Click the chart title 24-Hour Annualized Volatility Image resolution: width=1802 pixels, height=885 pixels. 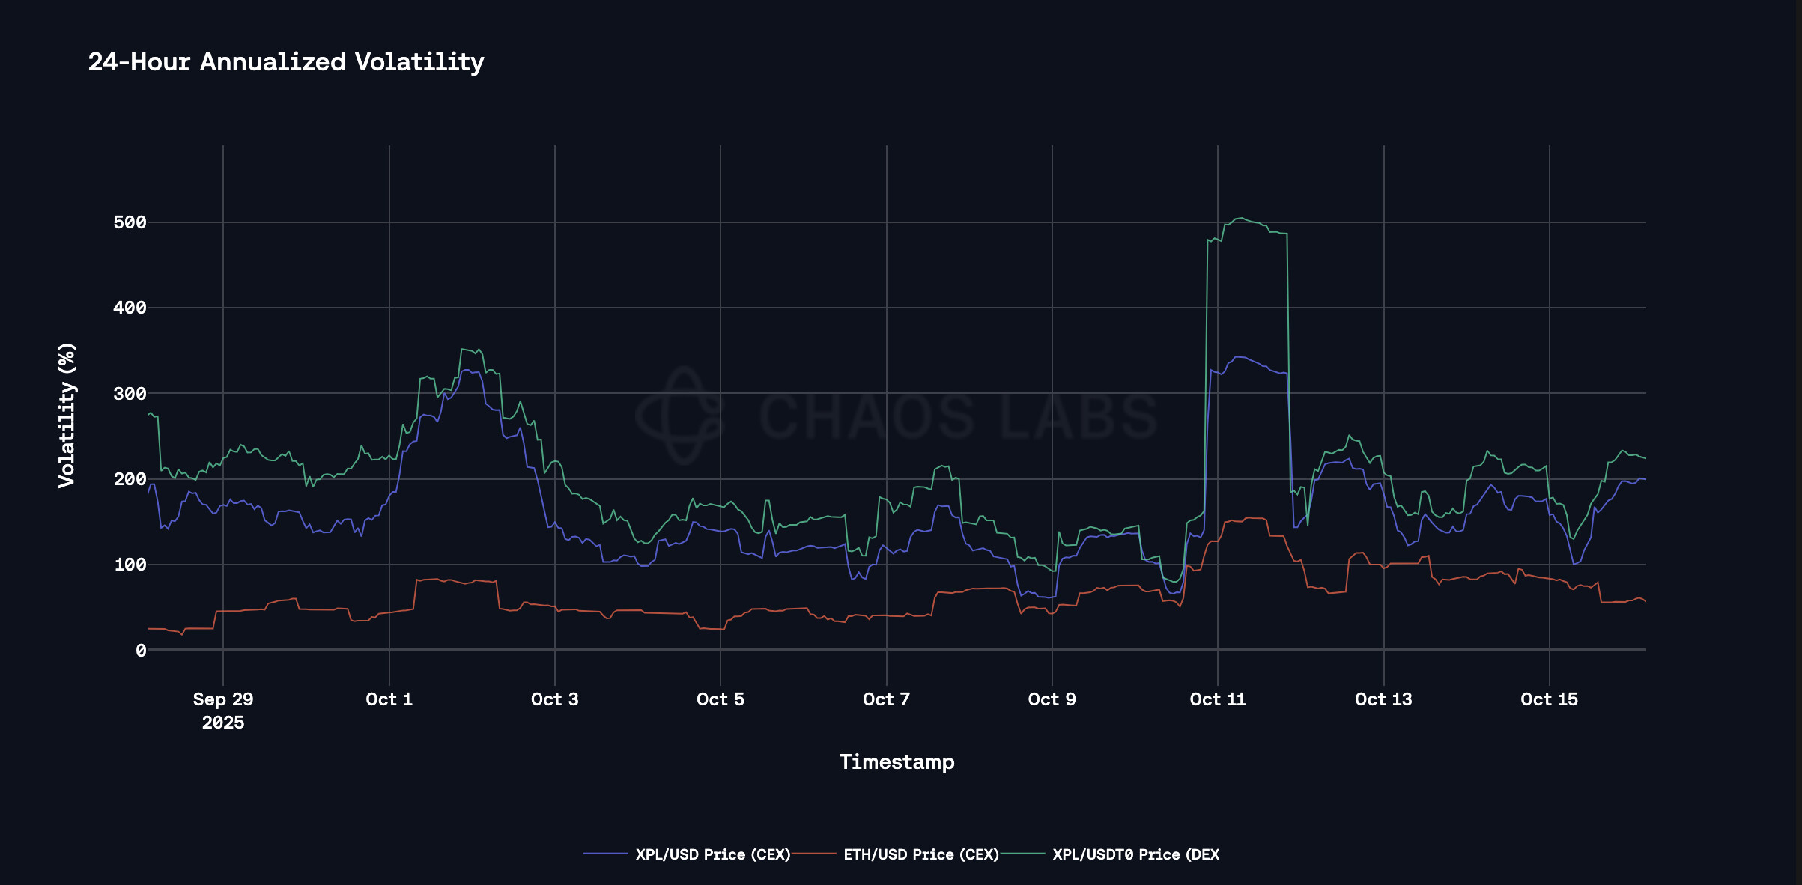286,62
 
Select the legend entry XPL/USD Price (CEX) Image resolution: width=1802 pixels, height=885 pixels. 712,854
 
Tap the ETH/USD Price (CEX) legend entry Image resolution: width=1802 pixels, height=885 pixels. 920,854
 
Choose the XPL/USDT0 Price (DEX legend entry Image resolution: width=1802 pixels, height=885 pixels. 1135,854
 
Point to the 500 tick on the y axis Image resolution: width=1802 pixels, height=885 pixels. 130,222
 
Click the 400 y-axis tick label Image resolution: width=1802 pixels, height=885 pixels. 130,308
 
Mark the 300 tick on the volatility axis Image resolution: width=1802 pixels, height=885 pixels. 130,394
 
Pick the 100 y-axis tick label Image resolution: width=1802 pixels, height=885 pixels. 130,565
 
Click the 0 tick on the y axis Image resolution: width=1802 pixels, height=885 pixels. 141,651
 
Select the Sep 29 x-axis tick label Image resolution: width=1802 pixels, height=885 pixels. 223,699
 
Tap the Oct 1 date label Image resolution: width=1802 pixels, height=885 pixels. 389,699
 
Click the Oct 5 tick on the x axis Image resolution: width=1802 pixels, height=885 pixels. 721,699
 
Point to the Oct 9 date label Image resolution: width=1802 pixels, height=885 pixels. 1052,699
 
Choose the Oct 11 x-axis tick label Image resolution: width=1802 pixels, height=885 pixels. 1218,699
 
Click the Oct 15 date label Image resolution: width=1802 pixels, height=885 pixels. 1549,699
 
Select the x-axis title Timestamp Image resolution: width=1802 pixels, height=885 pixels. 897,762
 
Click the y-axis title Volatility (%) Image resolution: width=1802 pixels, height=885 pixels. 67,415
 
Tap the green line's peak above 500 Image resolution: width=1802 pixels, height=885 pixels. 1241,219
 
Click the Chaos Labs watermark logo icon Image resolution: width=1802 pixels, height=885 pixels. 680,415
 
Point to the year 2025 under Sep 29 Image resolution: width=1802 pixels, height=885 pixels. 223,723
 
